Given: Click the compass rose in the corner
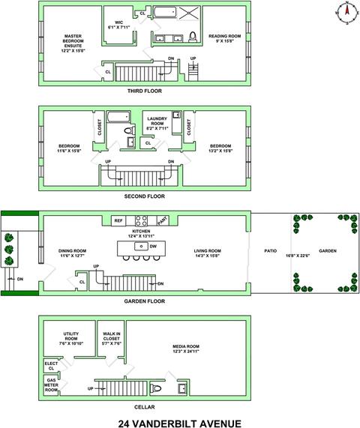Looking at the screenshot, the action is (x=347, y=13).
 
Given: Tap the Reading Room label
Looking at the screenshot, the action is (x=224, y=38).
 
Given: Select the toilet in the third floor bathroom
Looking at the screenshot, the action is (x=193, y=37).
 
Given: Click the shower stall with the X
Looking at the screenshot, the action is (x=189, y=13).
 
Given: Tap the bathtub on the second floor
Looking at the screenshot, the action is (x=118, y=117).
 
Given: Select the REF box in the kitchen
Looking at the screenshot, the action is (x=118, y=220).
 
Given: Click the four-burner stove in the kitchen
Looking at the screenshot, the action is (x=142, y=220).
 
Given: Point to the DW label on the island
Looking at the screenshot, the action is (x=153, y=246).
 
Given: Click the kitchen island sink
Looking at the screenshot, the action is (x=141, y=246).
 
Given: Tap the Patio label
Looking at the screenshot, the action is (x=271, y=250).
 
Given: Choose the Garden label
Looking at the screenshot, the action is (x=328, y=250).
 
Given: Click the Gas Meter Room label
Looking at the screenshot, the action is (x=51, y=385).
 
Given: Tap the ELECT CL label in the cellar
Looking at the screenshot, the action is (x=51, y=366).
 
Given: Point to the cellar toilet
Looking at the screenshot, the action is (x=156, y=388).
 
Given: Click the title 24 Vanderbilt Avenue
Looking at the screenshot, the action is (x=180, y=423).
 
